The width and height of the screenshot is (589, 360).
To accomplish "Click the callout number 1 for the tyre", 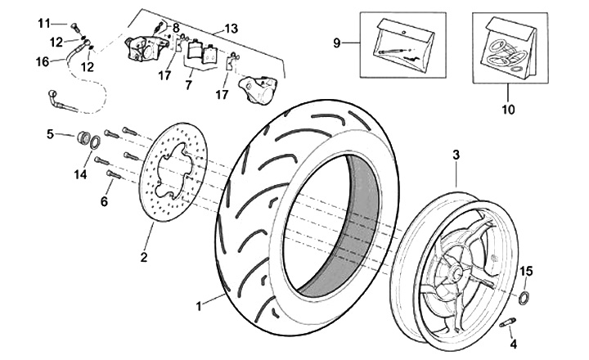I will coord(198,307).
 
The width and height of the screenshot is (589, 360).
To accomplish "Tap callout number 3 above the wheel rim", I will coord(456,154).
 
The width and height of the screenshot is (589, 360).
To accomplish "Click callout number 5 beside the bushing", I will coord(49,133).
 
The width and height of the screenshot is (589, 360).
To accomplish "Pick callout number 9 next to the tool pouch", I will coord(337,42).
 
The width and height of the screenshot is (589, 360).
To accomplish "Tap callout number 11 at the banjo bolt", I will coord(43,22).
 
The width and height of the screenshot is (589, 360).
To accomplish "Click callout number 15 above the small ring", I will coord(527,271).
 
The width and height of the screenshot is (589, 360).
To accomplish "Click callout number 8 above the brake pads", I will coord(175,27).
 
